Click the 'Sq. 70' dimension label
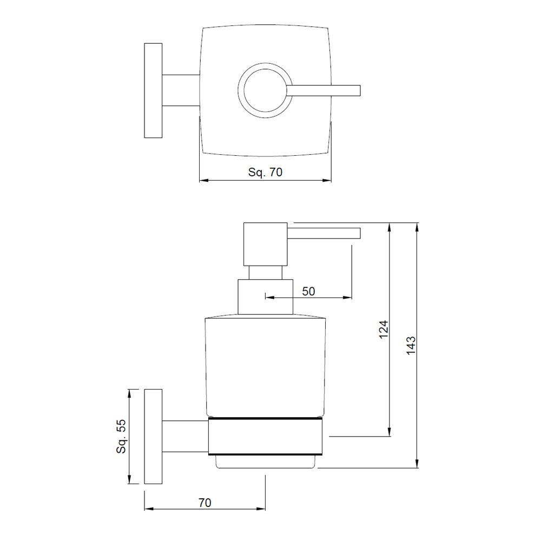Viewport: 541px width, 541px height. tap(265, 173)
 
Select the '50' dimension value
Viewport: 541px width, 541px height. tap(308, 291)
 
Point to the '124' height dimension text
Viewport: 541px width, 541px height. tap(383, 329)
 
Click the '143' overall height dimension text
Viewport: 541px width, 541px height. tap(411, 345)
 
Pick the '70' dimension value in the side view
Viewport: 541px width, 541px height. tap(204, 503)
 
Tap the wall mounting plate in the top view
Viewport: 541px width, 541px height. tap(153, 90)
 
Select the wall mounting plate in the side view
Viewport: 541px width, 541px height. tap(153, 436)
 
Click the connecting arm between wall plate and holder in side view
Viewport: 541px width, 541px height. tap(185, 436)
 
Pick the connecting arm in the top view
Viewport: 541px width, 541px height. tap(181, 90)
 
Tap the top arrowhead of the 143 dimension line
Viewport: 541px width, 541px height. tap(417, 226)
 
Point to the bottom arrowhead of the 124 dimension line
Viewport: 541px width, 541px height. tap(388, 432)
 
